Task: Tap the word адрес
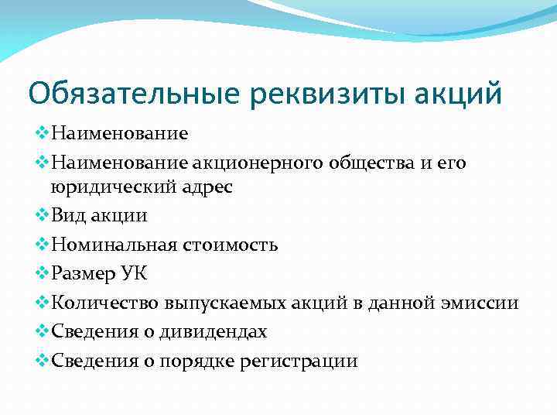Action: [x=204, y=187]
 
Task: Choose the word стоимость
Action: [x=231, y=245]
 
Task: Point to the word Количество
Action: [x=98, y=303]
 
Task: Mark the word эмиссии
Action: [x=486, y=303]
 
